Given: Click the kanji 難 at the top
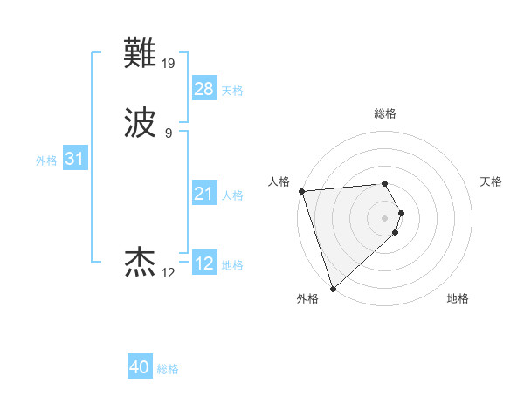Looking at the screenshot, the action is [x=141, y=54].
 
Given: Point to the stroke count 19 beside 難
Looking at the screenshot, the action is [x=169, y=63].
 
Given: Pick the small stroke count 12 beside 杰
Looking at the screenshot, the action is [x=169, y=273].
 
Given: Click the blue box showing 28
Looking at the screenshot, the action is [x=203, y=89].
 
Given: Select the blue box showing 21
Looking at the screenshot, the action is [x=203, y=194].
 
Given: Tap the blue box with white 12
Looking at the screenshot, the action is [x=203, y=263].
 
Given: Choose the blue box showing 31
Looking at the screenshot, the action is [x=74, y=160].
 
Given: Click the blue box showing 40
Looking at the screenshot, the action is [x=140, y=367].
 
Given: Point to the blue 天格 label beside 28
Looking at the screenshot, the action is [x=232, y=91].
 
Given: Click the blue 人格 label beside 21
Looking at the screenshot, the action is [x=232, y=195].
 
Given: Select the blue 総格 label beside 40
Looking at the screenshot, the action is [x=168, y=369].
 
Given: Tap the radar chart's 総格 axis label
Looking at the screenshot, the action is [x=384, y=113].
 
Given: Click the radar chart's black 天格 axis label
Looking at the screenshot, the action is [x=491, y=181].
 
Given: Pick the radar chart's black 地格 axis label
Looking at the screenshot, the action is [x=458, y=299].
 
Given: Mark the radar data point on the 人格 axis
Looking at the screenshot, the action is [x=301, y=191].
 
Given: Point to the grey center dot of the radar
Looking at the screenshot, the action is [x=384, y=217].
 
